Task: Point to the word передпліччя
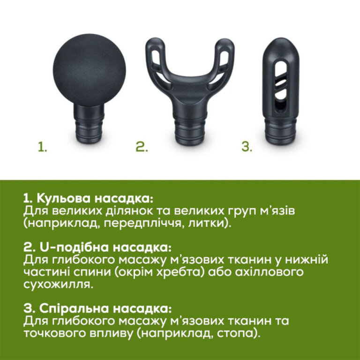tap(140, 223)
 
